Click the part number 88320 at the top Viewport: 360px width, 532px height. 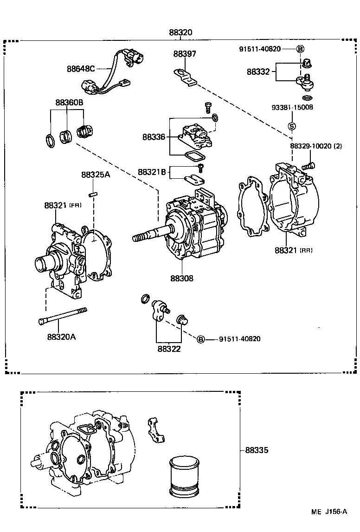coord(180,33)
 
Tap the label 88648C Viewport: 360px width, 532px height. coord(80,69)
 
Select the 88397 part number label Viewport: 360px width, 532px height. coord(185,54)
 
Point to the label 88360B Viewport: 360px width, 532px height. coord(69,103)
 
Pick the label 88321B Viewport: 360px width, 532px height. coord(152,172)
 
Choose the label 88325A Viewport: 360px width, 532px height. coord(96,175)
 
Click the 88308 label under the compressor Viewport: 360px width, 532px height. coord(181,279)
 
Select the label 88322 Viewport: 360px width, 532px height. coord(168,349)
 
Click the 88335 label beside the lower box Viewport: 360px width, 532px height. coord(257,450)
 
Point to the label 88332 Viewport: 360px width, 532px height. coord(258,72)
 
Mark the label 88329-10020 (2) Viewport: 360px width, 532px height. coord(316,146)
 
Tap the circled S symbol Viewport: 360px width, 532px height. coord(292,125)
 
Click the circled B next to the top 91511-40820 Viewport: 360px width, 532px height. coord(300,49)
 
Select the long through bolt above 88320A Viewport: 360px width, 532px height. coord(62,317)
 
